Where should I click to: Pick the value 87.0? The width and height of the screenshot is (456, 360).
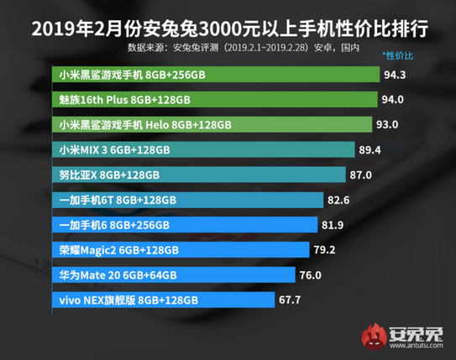click(361, 175)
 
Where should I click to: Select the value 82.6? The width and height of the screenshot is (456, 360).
click(338, 200)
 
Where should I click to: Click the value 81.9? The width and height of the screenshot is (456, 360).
click(333, 225)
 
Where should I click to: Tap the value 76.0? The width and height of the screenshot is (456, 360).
click(311, 274)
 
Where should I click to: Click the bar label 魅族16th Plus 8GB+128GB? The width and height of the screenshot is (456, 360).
click(125, 99)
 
